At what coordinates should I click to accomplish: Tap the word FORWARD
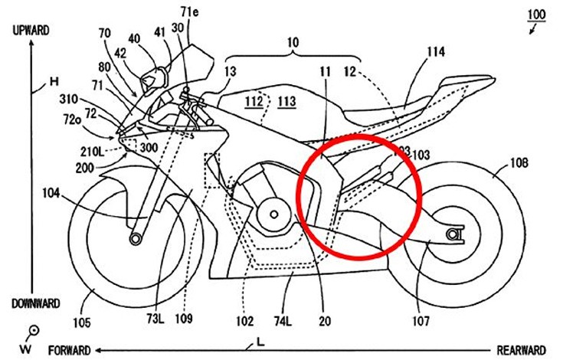tap(70, 350)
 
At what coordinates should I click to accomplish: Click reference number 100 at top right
tap(537, 13)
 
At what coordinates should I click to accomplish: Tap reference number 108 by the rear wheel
tap(519, 163)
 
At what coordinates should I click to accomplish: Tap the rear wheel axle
tap(455, 234)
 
